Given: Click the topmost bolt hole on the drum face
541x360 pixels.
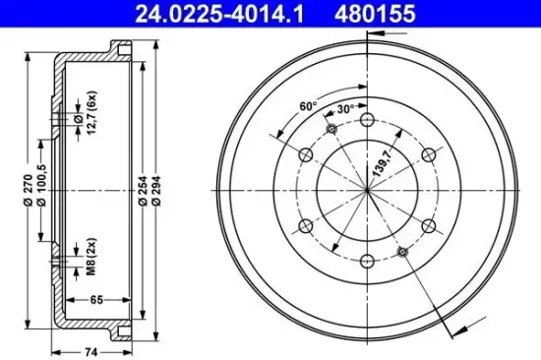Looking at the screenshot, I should [366, 120].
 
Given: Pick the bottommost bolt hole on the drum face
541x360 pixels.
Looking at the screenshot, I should [366, 262].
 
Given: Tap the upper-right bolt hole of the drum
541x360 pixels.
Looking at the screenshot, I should [428, 155].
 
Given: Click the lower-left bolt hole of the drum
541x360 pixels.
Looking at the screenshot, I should [305, 226].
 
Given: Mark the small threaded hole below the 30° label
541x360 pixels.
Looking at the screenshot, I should [331, 130].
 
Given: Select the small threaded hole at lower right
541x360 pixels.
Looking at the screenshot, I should [401, 252].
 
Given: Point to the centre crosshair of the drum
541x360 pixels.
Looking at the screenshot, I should [366, 191].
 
